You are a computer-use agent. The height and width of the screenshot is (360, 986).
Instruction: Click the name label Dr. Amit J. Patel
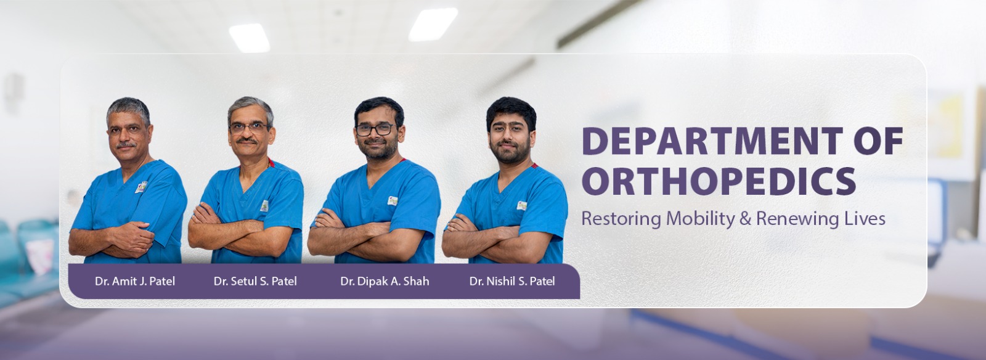point(135,281)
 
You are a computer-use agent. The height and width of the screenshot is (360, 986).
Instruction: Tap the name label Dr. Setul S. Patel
point(255,281)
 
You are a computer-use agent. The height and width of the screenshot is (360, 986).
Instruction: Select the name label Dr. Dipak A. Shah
point(385,281)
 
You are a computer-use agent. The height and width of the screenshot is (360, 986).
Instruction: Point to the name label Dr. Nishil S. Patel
point(512,281)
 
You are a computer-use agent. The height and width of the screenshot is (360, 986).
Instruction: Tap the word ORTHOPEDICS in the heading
point(719,181)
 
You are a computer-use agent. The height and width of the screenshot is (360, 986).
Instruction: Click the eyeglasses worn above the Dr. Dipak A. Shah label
point(375,129)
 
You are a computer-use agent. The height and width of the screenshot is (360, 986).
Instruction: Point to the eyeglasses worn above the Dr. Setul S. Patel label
point(248,128)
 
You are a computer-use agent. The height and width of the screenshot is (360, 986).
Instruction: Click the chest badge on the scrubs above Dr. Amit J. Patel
point(141,187)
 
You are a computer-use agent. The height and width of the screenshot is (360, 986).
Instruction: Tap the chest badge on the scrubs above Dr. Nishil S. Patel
point(521,205)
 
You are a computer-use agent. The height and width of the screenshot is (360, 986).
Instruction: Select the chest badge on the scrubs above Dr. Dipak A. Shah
point(392,201)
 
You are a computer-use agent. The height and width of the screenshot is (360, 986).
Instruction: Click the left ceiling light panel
point(249,38)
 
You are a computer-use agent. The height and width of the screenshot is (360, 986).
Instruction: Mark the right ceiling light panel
point(433,25)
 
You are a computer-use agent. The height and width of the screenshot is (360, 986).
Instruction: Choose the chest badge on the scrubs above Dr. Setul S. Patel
point(264,206)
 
